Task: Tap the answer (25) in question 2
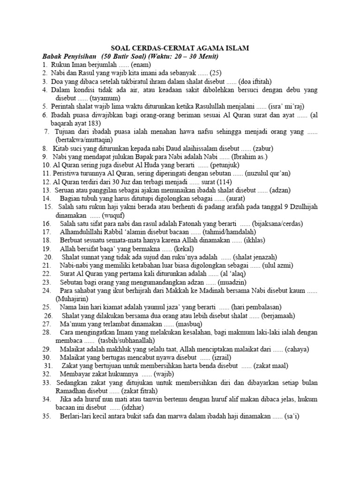click(x=215, y=73)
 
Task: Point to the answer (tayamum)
click(x=105, y=98)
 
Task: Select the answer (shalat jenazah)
click(x=255, y=257)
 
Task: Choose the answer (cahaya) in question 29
click(x=297, y=349)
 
